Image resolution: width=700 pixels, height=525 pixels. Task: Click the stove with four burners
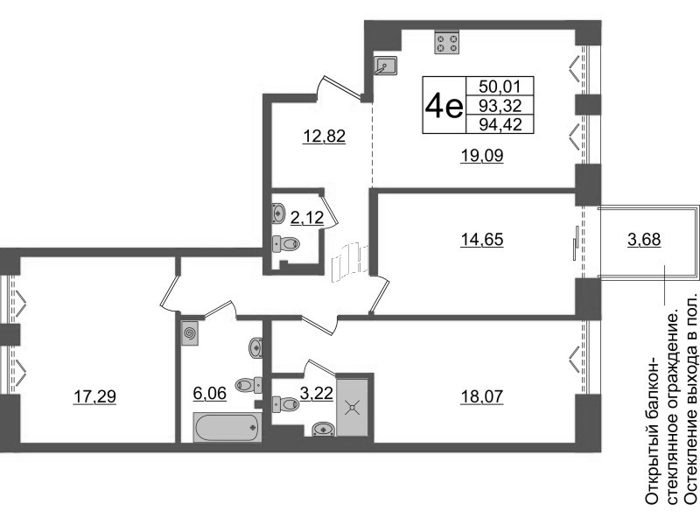coord(446,42)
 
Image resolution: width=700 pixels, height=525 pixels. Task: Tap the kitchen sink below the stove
coord(386,66)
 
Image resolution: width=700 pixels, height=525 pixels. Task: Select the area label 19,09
coord(482,156)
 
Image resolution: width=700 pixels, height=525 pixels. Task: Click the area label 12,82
coord(324,136)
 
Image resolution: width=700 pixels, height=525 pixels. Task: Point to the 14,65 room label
coord(482,240)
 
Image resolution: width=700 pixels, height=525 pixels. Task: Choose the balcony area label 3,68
coord(644,240)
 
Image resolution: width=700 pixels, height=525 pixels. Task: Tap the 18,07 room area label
coord(482,396)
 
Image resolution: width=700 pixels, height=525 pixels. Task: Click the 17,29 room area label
coord(94,396)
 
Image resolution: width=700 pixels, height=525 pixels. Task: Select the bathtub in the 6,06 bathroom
coord(227,427)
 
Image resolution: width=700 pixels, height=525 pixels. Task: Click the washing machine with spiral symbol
coord(190,333)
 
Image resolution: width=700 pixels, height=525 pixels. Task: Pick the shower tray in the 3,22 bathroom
coord(353,408)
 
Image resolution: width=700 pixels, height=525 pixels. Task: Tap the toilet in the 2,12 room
coord(286,244)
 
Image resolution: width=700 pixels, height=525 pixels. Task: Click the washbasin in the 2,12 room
coord(277,213)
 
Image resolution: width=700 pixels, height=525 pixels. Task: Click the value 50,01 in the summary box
coord(500,86)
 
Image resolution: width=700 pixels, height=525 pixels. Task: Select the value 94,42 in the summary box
coord(500,124)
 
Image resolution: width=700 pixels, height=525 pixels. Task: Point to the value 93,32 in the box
coord(500,106)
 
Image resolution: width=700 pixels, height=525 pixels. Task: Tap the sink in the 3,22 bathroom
coord(325,429)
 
